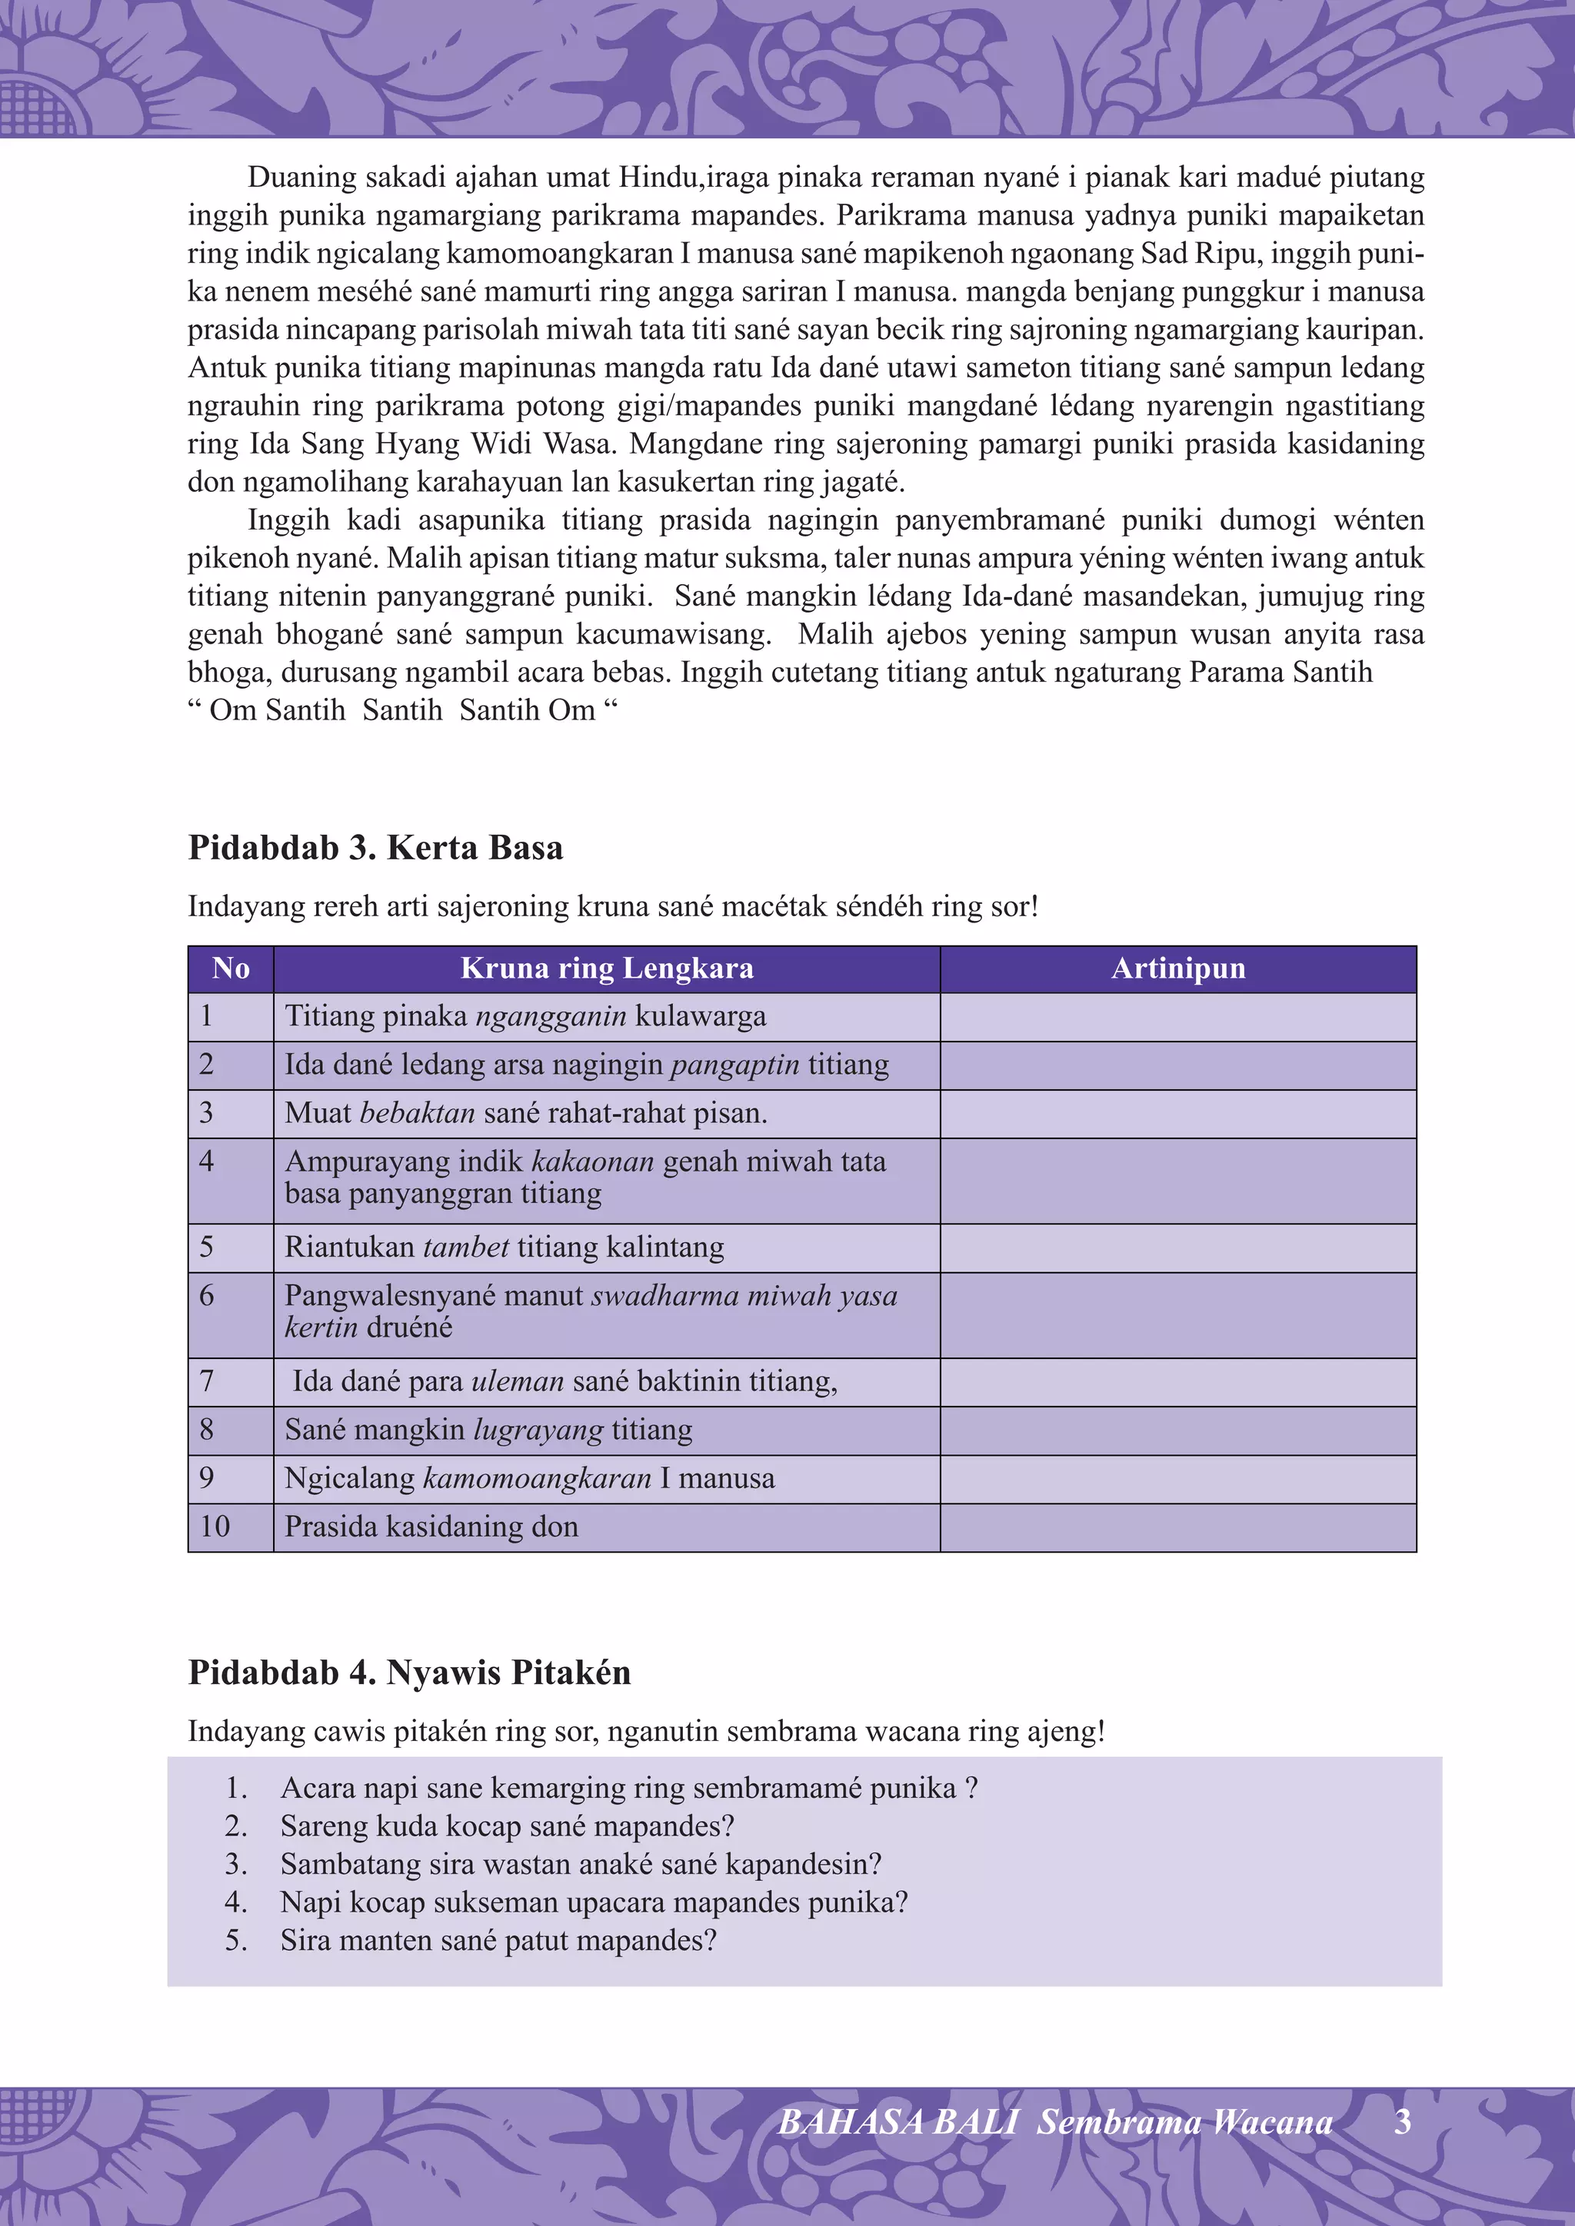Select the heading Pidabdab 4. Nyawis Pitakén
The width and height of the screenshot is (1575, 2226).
click(409, 1673)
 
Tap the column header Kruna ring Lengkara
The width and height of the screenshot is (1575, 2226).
click(606, 968)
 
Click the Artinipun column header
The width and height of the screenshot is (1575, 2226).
click(1177, 968)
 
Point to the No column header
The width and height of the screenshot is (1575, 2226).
click(231, 968)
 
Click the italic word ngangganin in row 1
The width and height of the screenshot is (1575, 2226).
click(550, 1017)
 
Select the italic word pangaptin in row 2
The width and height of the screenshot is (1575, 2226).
click(735, 1065)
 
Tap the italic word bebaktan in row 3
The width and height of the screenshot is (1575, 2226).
click(417, 1114)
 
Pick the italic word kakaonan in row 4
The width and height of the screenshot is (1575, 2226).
click(594, 1161)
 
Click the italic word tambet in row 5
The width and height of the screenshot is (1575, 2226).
click(467, 1248)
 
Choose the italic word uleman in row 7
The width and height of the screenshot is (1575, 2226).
click(517, 1381)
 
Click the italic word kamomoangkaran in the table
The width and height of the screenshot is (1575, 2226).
click(538, 1479)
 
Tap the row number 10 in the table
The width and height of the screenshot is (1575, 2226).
click(215, 1527)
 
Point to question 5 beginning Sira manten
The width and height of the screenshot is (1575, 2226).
click(498, 1940)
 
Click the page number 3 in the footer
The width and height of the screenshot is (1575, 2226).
click(1403, 2122)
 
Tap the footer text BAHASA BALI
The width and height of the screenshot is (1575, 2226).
click(897, 2123)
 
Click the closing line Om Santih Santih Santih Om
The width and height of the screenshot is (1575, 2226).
click(401, 711)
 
